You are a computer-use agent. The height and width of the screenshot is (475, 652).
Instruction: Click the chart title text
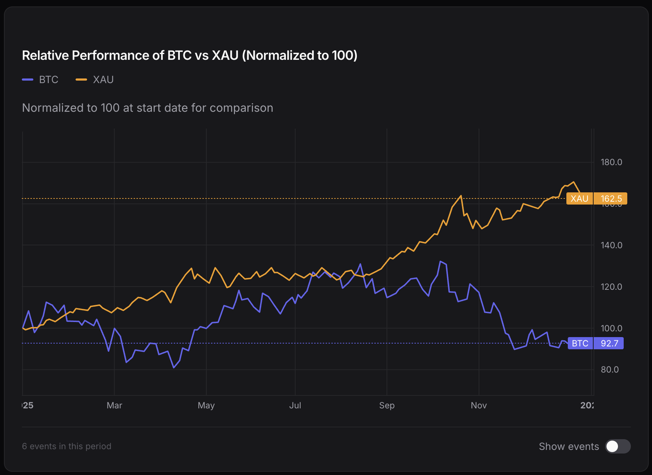pyautogui.click(x=190, y=56)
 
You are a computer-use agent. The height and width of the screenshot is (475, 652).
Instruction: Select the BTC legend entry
pyautogui.click(x=40, y=80)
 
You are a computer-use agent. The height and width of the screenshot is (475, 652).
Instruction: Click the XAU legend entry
pyautogui.click(x=95, y=80)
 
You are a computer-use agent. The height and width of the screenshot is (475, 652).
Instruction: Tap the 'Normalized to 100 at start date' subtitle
pyautogui.click(x=147, y=108)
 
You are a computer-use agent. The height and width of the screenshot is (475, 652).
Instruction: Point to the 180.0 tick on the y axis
pyautogui.click(x=611, y=162)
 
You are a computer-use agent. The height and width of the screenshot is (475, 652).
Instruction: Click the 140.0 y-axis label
pyautogui.click(x=611, y=245)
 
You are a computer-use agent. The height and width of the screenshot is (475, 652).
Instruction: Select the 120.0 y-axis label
pyautogui.click(x=611, y=287)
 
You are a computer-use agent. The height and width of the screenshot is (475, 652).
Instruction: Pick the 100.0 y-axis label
pyautogui.click(x=611, y=328)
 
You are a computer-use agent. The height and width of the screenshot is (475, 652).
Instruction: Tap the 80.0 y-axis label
pyautogui.click(x=610, y=370)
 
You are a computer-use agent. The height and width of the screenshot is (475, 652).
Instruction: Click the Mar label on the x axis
pyautogui.click(x=114, y=406)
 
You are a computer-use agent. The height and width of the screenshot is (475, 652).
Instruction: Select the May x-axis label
pyautogui.click(x=206, y=406)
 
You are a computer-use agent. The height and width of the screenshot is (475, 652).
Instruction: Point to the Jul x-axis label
pyautogui.click(x=295, y=406)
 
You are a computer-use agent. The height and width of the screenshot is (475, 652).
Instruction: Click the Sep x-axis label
pyautogui.click(x=387, y=406)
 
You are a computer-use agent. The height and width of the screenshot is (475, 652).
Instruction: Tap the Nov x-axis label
pyautogui.click(x=479, y=406)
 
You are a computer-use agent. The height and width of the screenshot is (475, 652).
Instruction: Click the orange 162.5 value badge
pyautogui.click(x=610, y=198)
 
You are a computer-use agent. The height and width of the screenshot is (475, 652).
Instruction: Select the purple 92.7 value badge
pyautogui.click(x=609, y=343)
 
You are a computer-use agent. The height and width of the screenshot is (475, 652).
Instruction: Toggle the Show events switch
pyautogui.click(x=618, y=446)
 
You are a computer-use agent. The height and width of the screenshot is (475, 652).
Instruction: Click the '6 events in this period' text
pyautogui.click(x=67, y=446)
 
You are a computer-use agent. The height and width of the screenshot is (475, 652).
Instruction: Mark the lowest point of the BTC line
pyautogui.click(x=174, y=368)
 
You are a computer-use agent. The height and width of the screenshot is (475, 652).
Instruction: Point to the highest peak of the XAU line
pyautogui.click(x=574, y=182)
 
